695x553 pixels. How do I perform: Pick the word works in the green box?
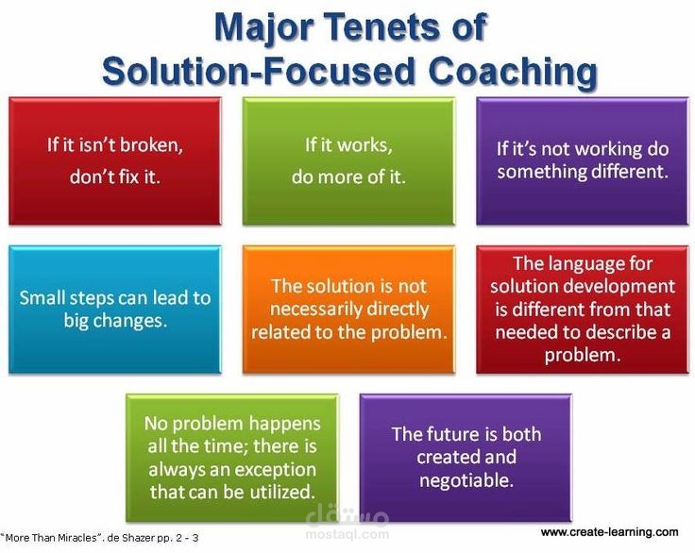tap(361, 145)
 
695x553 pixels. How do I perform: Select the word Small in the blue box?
tap(42, 297)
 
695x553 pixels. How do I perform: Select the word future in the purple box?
tap(450, 434)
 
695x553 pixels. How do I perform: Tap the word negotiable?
tap(466, 480)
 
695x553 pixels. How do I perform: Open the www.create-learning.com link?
tap(609, 532)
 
